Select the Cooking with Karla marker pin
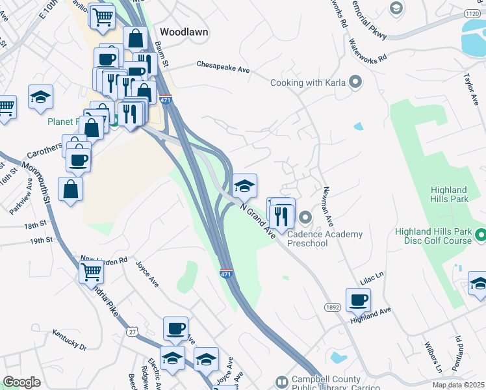coord(355,82)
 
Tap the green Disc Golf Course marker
coord(480,233)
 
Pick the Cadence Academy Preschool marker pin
coord(304,217)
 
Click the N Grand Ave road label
coord(258,222)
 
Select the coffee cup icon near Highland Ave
coord(358,300)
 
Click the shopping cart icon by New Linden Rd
coord(92,271)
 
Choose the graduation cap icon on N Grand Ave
coord(244,186)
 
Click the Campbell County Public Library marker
coord(281,382)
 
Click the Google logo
coord(21,382)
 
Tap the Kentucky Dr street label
coord(70,341)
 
